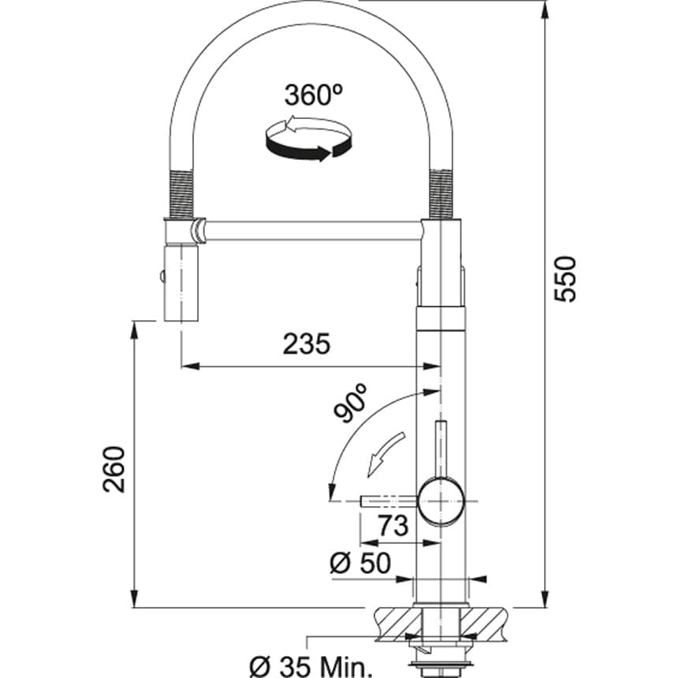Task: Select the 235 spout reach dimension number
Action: pyautogui.click(x=307, y=344)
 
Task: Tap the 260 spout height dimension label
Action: pyautogui.click(x=114, y=469)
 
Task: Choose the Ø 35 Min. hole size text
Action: pyautogui.click(x=309, y=666)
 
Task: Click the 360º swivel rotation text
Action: pyautogui.click(x=310, y=96)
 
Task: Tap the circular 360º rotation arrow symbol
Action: pyautogui.click(x=308, y=140)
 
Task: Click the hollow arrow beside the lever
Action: pyautogui.click(x=387, y=455)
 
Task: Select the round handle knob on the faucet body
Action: pyautogui.click(x=441, y=501)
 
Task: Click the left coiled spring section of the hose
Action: pyautogui.click(x=181, y=192)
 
